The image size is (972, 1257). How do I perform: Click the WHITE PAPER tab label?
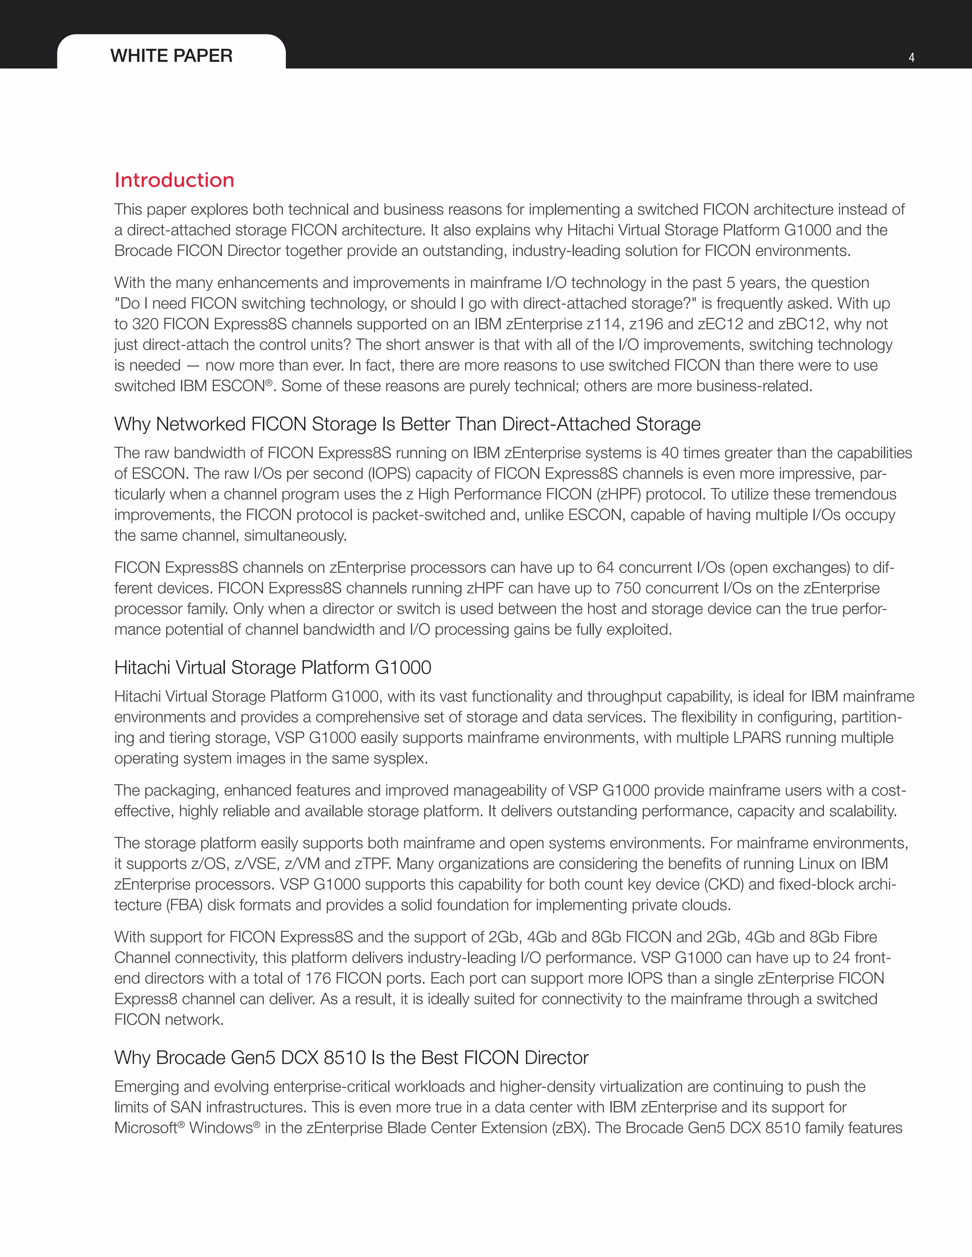pyautogui.click(x=171, y=56)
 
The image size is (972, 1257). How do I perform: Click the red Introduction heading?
pyautogui.click(x=174, y=180)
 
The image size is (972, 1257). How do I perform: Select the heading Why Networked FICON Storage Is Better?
pyautogui.click(x=407, y=424)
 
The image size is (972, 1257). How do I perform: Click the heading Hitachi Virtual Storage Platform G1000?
pyautogui.click(x=272, y=668)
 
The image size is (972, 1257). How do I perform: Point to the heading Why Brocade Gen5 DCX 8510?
pyautogui.click(x=351, y=1058)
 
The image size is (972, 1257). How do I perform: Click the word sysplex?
pyautogui.click(x=399, y=758)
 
